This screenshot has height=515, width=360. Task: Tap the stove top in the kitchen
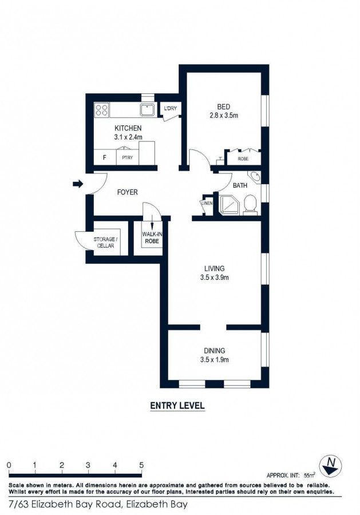[102, 109]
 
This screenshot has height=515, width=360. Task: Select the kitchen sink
[147, 109]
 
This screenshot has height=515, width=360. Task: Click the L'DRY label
[169, 109]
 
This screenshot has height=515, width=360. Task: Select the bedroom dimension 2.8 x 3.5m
[224, 116]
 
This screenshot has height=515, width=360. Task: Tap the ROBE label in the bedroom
[243, 159]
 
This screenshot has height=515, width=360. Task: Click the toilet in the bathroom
[250, 204]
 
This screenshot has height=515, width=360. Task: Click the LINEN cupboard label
[207, 203]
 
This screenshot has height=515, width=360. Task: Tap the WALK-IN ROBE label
[151, 237]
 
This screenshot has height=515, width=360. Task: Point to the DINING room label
[214, 351]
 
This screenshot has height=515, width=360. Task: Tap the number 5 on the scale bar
[141, 465]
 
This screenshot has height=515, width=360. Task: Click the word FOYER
[127, 192]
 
